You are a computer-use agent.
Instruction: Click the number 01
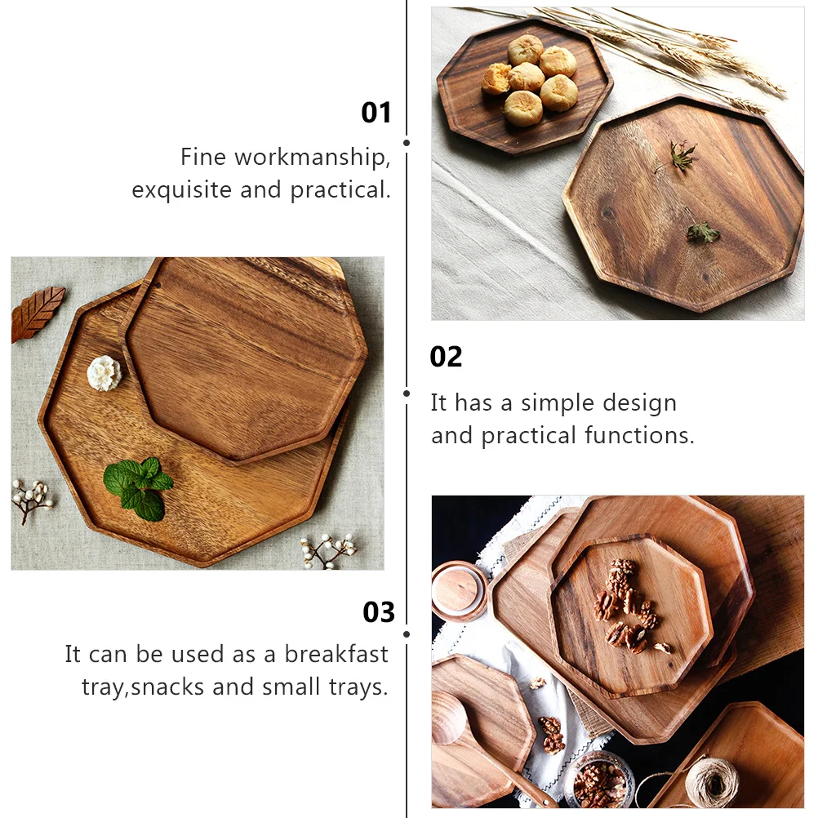pos(376,113)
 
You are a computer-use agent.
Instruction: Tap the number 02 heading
pos(446,357)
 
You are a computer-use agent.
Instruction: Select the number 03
pos(379,612)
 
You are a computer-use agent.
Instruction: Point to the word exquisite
pos(182,190)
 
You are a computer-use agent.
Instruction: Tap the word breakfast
pos(336,654)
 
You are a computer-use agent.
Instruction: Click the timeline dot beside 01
pos(407,143)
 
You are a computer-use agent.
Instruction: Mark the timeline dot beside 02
pos(407,393)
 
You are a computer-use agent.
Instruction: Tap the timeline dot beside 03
pos(407,634)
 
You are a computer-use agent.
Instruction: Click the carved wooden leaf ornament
pos(37,313)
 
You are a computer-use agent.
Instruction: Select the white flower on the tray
pos(104,373)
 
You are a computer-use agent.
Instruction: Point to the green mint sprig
pos(140,487)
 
